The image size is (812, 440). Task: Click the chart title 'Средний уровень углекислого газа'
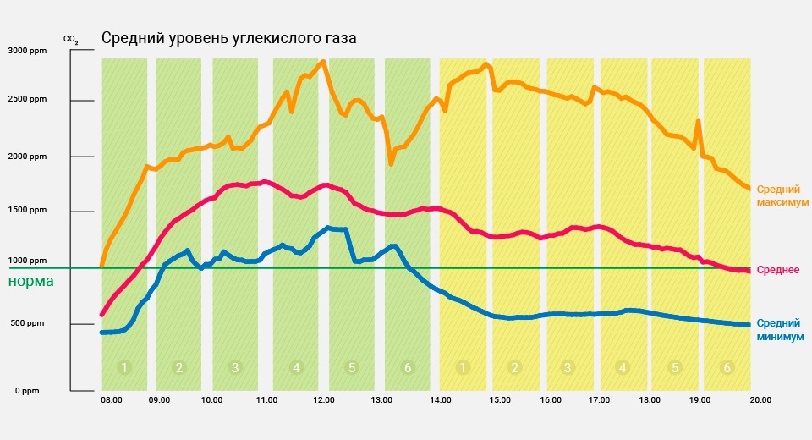(229, 39)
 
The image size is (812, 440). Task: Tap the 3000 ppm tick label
(29, 51)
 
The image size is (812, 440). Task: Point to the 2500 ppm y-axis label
(29, 100)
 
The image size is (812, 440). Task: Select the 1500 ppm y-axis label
(29, 210)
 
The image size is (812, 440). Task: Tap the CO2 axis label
(71, 39)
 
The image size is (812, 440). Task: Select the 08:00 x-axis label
(112, 399)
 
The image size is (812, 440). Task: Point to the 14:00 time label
(440, 399)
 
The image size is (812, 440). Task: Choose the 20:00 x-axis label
(760, 399)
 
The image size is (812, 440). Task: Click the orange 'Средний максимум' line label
(782, 196)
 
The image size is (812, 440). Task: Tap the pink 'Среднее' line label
(778, 270)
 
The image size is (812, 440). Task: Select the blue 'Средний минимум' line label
(780, 329)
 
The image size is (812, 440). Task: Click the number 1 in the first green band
(124, 367)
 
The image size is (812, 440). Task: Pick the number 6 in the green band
(408, 367)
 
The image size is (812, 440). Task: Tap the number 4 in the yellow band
(623, 367)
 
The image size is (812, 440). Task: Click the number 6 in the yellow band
(727, 367)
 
